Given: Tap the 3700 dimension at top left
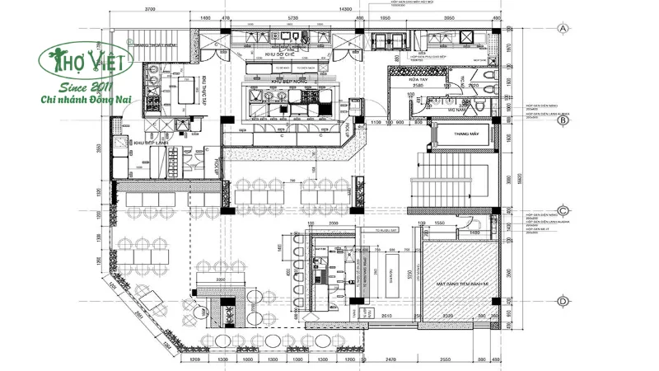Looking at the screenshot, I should click(x=149, y=7).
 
